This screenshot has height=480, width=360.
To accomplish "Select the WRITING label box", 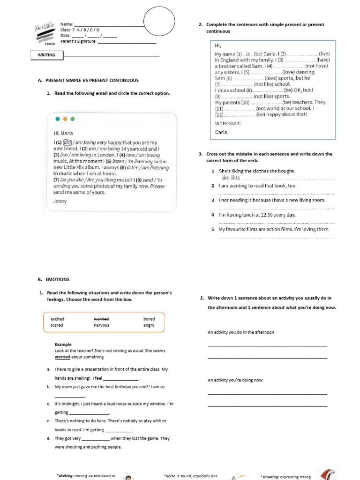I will [46, 55].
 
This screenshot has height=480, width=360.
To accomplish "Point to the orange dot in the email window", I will [65, 119].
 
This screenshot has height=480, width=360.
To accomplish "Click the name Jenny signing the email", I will [60, 201].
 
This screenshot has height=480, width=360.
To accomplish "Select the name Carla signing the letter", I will [221, 132].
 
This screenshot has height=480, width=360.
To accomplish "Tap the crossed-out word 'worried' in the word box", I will [101, 319].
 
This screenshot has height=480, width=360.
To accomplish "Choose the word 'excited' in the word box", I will [57, 319].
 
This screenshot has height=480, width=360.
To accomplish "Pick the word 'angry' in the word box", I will [149, 325].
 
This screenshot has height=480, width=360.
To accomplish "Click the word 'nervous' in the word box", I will [101, 325].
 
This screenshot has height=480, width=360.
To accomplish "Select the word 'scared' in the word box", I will [57, 325].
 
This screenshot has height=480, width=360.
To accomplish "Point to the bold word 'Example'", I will [63, 344].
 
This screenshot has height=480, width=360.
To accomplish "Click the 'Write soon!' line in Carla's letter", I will [227, 123].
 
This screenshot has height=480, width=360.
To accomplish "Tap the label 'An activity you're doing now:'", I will [235, 380].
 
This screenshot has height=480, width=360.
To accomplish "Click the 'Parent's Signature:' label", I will [78, 41].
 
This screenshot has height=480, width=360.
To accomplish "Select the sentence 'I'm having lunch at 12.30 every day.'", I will [257, 215].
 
